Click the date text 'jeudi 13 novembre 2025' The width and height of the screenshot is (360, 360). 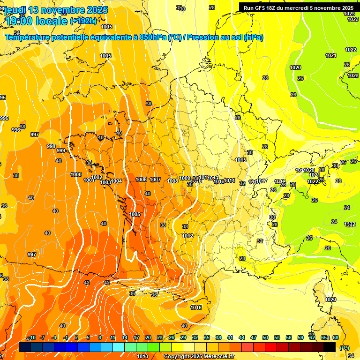(56, 10)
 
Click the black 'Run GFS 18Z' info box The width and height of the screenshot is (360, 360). (298, 7)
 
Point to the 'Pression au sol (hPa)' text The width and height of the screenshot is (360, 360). (225, 37)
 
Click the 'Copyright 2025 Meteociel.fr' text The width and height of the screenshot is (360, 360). (199, 356)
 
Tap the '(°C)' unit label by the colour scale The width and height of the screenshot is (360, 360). (345, 347)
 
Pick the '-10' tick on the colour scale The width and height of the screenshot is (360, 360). (31, 337)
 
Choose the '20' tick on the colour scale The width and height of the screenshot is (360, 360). (148, 337)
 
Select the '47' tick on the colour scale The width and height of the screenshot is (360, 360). (254, 337)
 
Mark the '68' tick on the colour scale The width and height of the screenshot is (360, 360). (336, 337)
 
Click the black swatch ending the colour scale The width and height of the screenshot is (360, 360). (330, 347)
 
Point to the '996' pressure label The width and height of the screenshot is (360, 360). (16, 130)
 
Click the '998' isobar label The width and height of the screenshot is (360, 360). (51, 146)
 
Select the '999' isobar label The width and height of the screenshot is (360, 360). (61, 150)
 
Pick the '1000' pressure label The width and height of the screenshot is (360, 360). (76, 174)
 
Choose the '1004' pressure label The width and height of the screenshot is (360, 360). (117, 181)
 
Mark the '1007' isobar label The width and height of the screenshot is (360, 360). (155, 180)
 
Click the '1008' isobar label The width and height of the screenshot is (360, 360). (172, 181)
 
